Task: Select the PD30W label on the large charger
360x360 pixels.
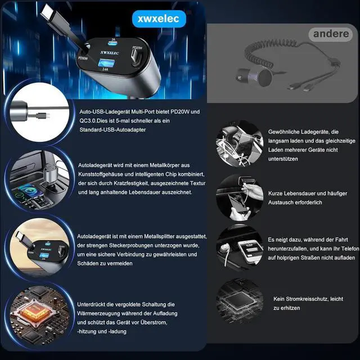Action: pos(83,57)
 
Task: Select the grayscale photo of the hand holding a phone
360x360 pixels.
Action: pos(241,197)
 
